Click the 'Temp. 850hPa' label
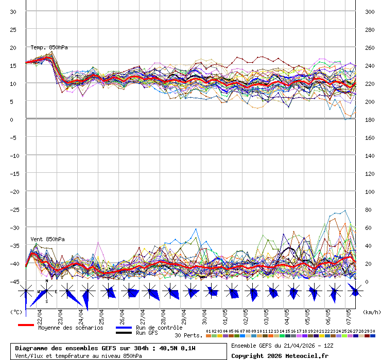[49, 47]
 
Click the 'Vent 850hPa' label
[47, 239]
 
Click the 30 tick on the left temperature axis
[13, 11]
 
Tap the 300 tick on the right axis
[370, 11]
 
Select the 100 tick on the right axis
[370, 191]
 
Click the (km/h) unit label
[371, 312]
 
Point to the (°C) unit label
[15, 312]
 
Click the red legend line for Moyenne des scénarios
[26, 325]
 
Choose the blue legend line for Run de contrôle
[124, 328]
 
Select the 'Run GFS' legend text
[147, 333]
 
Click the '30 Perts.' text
[188, 335]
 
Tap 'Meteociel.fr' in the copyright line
[309, 355]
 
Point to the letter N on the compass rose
[47, 281]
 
